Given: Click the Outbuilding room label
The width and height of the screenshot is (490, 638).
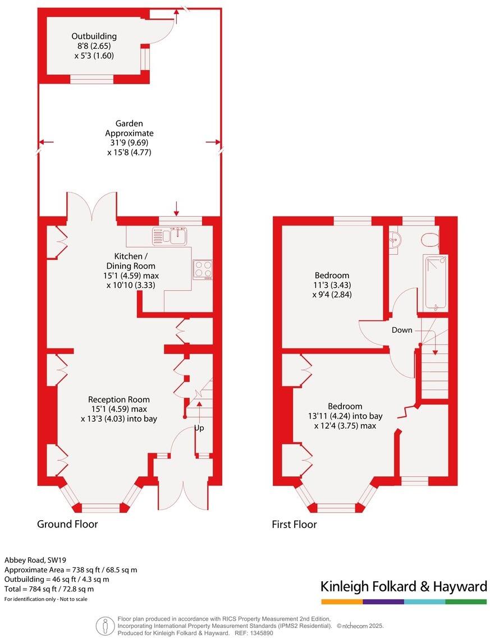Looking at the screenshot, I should [94, 36].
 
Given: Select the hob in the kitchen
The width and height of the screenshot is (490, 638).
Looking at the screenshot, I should [203, 269].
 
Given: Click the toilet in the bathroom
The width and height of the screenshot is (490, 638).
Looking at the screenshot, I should [430, 239].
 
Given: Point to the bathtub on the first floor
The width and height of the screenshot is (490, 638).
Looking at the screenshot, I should [436, 282].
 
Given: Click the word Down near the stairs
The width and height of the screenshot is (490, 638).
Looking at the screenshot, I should [402, 330].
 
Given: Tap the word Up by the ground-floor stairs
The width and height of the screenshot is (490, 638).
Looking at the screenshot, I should [199, 428].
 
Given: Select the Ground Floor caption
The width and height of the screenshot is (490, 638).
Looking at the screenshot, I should [67, 524].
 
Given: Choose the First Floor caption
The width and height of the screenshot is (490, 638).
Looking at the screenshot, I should [294, 525].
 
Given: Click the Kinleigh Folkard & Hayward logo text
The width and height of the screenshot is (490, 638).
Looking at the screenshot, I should [404, 587].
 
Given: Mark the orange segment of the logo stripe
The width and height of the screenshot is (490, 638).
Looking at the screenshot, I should [342, 602].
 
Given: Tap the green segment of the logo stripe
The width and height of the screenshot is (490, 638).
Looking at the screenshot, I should [466, 602].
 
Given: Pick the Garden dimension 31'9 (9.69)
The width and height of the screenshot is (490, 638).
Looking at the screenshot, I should [129, 143].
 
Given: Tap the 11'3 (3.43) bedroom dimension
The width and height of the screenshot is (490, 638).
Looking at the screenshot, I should [332, 285].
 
